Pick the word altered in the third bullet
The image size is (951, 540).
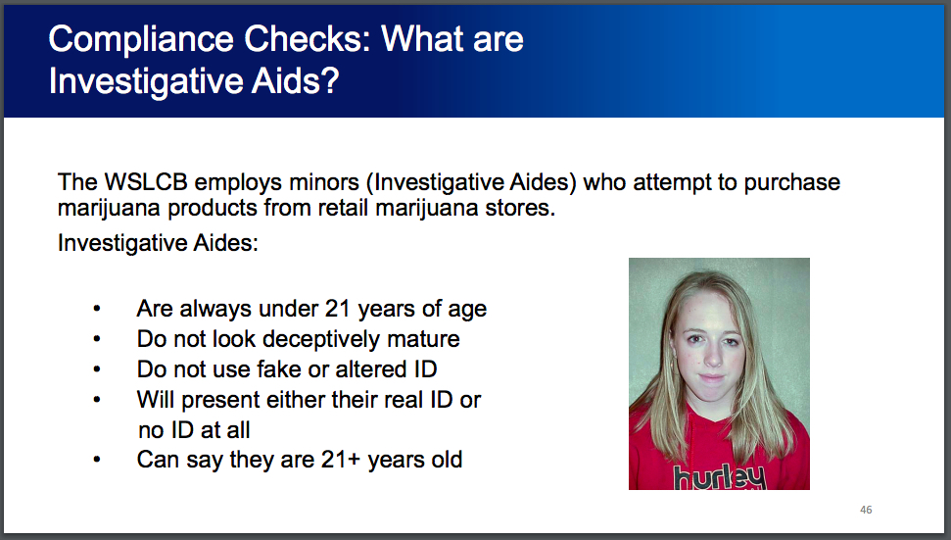pyautogui.click(x=370, y=369)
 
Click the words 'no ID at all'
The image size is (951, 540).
pyautogui.click(x=193, y=429)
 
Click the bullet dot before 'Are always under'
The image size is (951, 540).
pyautogui.click(x=96, y=309)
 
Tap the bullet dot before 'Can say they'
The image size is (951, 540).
pyautogui.click(x=96, y=460)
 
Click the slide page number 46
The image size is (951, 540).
pyautogui.click(x=865, y=510)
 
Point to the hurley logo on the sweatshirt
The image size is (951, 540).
pyautogui.click(x=718, y=477)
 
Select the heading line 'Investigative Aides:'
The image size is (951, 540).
pyautogui.click(x=158, y=242)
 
